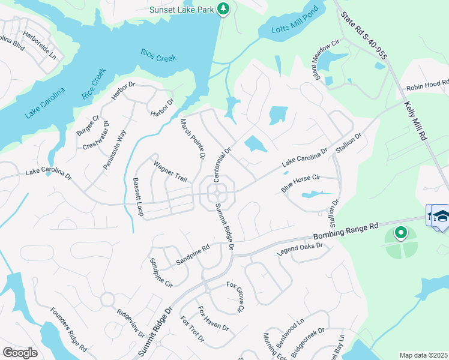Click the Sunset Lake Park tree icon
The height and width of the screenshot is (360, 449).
click(223, 8)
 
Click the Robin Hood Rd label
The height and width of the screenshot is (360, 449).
click(427, 85)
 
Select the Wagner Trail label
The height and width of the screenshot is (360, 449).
click(170, 172)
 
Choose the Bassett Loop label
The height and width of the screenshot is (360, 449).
click(138, 197)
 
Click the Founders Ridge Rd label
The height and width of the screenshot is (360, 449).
click(69, 329)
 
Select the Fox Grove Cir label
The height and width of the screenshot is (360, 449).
click(235, 296)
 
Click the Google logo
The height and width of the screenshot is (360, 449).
click(20, 353)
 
